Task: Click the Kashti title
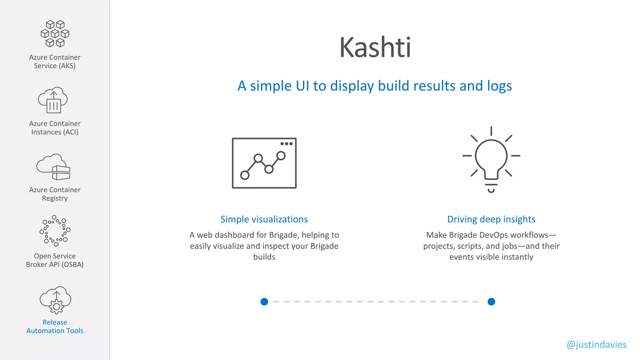click(x=375, y=47)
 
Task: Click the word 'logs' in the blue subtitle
click(x=499, y=86)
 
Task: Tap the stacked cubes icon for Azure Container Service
click(x=55, y=34)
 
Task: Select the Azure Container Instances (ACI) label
click(x=55, y=128)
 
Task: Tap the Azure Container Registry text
click(x=55, y=194)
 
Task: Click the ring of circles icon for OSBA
click(x=55, y=231)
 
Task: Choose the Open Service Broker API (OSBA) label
click(x=55, y=260)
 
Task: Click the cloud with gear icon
click(x=56, y=300)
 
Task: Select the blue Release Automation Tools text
click(x=55, y=327)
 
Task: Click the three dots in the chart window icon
click(x=286, y=144)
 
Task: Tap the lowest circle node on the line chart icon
click(x=245, y=175)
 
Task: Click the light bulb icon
click(x=491, y=159)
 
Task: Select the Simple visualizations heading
click(x=264, y=219)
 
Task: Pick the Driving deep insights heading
click(x=491, y=219)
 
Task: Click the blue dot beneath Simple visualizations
click(x=264, y=302)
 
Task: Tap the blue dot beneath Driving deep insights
click(x=491, y=302)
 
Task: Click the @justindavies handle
click(x=596, y=345)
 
